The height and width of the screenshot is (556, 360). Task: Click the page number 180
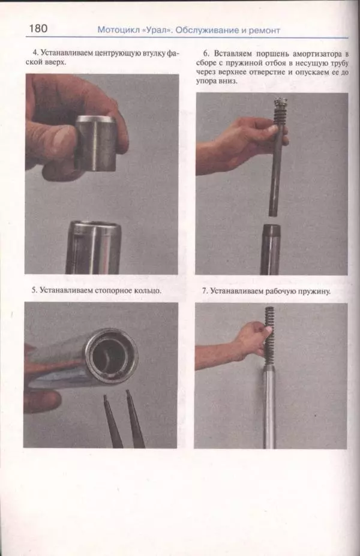(38, 28)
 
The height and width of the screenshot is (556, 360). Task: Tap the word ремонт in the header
(264, 31)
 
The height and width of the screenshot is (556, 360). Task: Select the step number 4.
(35, 52)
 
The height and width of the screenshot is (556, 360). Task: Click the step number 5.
(34, 290)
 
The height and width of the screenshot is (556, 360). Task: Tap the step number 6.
(206, 53)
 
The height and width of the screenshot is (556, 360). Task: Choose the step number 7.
(205, 291)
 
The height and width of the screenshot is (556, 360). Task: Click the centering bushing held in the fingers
(96, 143)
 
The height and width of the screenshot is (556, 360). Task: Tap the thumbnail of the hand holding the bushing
(60, 141)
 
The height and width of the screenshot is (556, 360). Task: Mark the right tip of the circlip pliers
(128, 392)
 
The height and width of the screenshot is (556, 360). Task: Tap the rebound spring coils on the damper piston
(280, 115)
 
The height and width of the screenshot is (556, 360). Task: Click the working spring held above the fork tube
(269, 335)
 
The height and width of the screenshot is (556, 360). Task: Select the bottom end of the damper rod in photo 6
(273, 214)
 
